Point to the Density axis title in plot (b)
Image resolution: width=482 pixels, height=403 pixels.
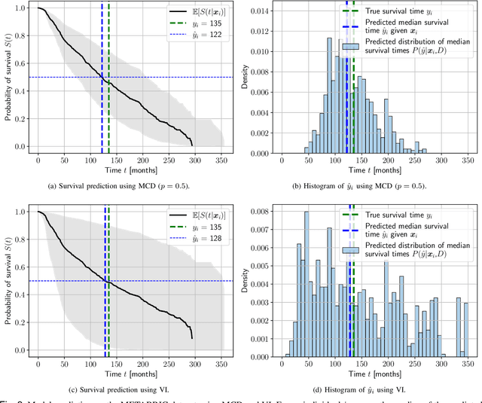243,80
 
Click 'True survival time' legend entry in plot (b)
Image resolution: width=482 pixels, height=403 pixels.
403,12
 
